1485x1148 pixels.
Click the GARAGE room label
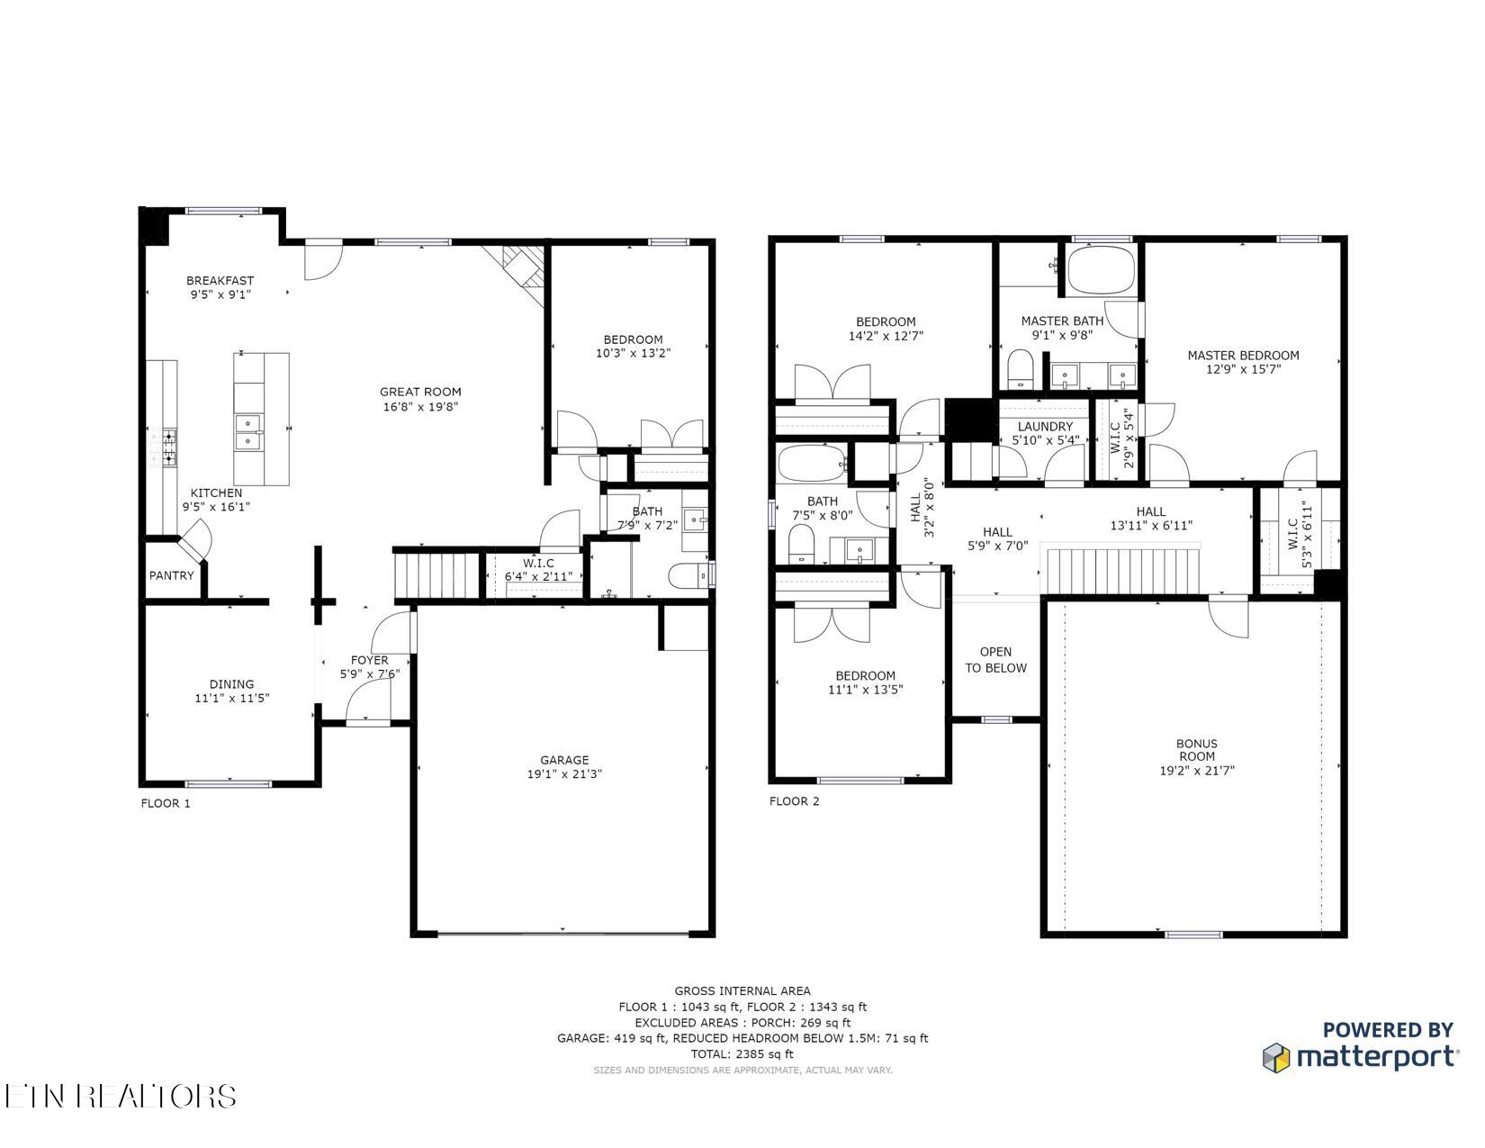pyautogui.click(x=564, y=759)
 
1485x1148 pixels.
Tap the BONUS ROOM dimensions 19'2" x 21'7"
pyautogui.click(x=1196, y=771)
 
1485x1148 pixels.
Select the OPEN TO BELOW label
pyautogui.click(x=995, y=660)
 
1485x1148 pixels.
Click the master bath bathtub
pyautogui.click(x=1101, y=269)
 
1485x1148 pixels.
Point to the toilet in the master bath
pyautogui.click(x=1020, y=370)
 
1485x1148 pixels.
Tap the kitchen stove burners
pyautogui.click(x=169, y=447)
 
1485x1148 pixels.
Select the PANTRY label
pyautogui.click(x=171, y=575)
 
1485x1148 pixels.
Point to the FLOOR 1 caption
pyautogui.click(x=166, y=803)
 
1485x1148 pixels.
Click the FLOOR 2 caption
pyautogui.click(x=794, y=801)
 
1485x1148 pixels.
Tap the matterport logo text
pyautogui.click(x=1376, y=1057)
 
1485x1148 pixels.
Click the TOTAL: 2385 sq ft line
pyautogui.click(x=742, y=1053)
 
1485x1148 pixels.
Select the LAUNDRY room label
pyautogui.click(x=1045, y=427)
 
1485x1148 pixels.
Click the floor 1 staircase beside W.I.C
pyautogui.click(x=438, y=575)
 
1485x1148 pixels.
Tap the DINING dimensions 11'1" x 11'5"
pyautogui.click(x=232, y=698)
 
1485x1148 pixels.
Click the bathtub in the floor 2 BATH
pyautogui.click(x=812, y=465)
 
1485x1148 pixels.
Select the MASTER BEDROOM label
pyautogui.click(x=1243, y=355)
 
